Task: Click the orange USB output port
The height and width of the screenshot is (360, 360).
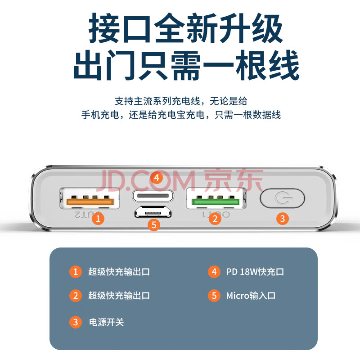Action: tap(90, 198)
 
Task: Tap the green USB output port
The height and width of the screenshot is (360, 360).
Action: tap(216, 198)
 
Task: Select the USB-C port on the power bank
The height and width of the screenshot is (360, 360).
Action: tap(153, 196)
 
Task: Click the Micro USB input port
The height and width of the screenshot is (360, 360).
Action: tap(153, 212)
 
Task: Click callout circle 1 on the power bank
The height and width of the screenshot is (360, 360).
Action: tap(98, 218)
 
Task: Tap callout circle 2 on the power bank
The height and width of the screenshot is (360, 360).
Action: tap(215, 218)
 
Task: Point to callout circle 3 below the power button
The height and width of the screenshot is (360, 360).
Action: tap(283, 218)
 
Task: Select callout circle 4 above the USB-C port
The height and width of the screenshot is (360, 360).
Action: tap(157, 178)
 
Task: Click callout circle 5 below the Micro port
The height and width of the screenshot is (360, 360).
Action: tap(153, 225)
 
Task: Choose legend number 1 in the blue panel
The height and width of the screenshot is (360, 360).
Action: tap(75, 272)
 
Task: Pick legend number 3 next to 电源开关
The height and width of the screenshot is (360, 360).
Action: tap(75, 322)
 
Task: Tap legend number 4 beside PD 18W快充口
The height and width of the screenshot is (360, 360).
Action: tap(214, 272)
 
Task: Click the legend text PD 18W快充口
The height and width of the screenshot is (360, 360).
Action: tap(255, 272)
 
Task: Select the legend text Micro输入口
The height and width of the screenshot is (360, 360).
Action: tap(251, 296)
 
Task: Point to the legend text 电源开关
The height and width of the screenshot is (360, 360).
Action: tap(106, 322)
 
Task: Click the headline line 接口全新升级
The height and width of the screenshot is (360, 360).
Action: tap(185, 28)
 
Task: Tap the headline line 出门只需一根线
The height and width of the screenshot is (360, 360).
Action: tap(186, 65)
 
